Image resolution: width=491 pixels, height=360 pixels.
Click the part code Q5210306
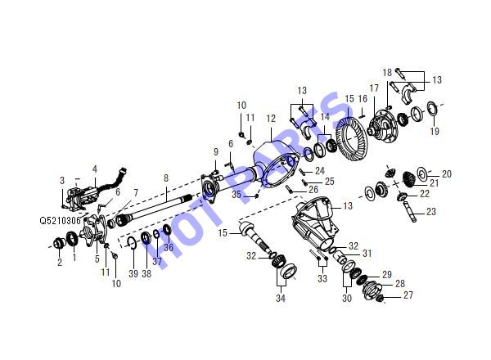tap(60, 220)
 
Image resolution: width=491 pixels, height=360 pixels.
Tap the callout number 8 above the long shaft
tap(166, 178)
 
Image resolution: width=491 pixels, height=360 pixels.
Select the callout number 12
tap(271, 119)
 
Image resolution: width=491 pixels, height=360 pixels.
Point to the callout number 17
tap(374, 88)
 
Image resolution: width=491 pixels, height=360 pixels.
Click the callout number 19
tap(435, 131)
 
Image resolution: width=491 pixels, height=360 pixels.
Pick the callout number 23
tap(431, 212)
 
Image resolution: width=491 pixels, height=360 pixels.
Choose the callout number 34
tap(281, 298)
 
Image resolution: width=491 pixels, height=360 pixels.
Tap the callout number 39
tap(133, 273)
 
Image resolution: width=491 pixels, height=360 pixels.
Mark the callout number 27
tap(408, 295)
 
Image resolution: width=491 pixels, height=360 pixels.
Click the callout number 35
tap(236, 195)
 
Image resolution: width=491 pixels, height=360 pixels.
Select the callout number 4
tap(95, 169)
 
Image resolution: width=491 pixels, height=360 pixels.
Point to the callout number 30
tap(347, 298)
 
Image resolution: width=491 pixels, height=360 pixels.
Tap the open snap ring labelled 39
tap(132, 243)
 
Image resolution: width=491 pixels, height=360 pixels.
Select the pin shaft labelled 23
tap(410, 212)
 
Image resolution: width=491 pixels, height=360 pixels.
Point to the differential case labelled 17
tap(384, 125)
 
